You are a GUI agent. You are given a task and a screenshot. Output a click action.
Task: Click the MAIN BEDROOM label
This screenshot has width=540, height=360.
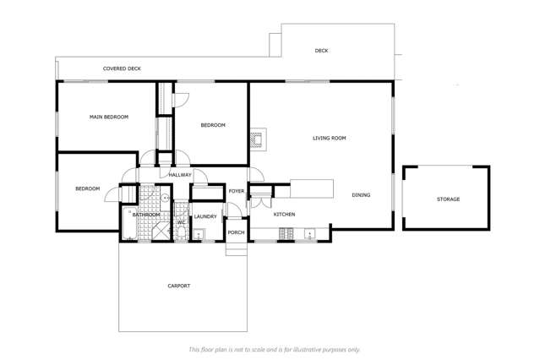(x=109, y=117)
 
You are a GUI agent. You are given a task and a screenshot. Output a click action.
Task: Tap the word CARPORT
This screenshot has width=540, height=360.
(x=179, y=286)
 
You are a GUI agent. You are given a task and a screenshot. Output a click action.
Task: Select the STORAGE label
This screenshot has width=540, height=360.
(x=448, y=199)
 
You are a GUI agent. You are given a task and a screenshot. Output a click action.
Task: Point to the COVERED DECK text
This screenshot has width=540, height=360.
(x=122, y=68)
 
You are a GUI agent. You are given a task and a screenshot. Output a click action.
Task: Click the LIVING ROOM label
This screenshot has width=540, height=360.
(x=330, y=138)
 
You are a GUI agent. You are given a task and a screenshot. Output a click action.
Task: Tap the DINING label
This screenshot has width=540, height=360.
(x=361, y=195)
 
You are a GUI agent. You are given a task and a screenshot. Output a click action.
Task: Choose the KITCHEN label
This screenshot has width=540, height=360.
(x=284, y=215)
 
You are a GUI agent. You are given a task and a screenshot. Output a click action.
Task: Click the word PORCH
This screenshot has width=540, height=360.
(x=237, y=232)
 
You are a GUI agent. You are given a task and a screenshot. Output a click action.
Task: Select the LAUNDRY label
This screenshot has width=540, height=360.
(x=205, y=216)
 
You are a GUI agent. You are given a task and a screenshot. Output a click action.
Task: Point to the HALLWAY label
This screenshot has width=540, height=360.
(x=180, y=175)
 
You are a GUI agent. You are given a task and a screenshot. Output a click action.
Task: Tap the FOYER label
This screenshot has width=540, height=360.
(x=237, y=191)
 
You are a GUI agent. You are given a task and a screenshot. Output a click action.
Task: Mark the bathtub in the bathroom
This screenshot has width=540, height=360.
(x=130, y=223)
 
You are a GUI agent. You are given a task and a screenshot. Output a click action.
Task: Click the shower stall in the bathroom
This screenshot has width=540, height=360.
(x=161, y=230)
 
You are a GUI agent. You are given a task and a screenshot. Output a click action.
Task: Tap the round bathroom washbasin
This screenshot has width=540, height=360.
(x=166, y=198)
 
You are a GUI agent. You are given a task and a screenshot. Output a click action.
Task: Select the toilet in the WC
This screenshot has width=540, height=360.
(x=181, y=233)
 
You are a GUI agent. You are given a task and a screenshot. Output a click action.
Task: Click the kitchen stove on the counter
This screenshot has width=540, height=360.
(x=286, y=234)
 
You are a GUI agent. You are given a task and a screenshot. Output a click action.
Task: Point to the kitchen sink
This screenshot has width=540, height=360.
(x=309, y=234)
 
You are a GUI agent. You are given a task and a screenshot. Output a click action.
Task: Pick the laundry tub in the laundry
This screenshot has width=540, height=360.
(x=199, y=235)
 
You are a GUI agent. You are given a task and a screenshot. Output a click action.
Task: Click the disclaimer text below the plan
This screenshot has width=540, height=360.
(x=274, y=350)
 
